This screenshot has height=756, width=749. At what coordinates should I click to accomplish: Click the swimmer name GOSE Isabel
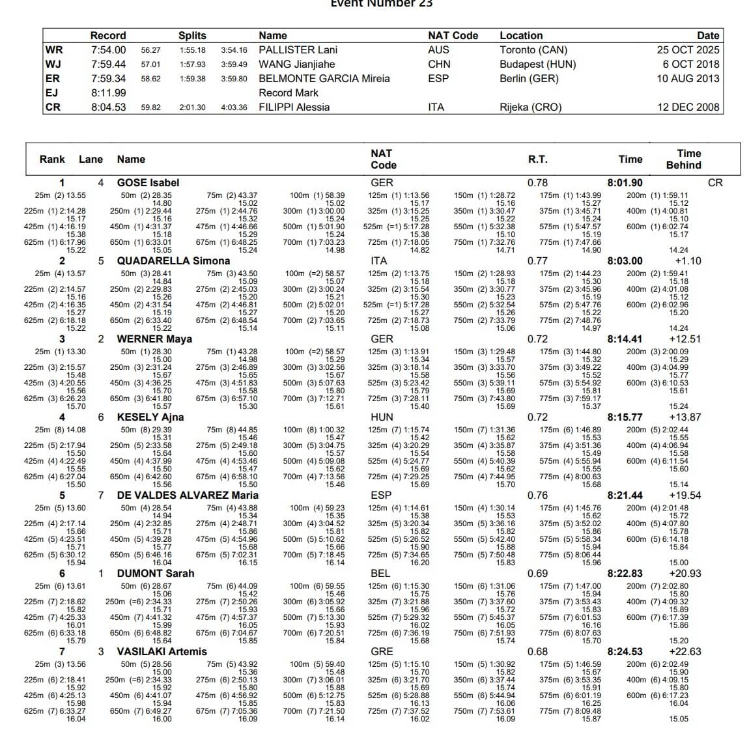[148, 183]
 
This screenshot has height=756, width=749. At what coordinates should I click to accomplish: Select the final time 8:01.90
[625, 183]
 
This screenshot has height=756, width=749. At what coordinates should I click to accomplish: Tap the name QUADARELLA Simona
[173, 261]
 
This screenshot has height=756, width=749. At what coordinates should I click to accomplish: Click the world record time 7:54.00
[108, 50]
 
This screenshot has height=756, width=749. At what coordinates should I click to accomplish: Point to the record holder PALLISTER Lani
[298, 50]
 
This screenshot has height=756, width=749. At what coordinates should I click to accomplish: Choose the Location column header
[521, 36]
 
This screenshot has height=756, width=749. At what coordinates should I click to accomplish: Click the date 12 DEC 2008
[688, 107]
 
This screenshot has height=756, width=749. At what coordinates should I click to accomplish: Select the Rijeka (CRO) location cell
[530, 107]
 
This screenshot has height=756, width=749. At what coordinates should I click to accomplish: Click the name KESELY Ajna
[150, 417]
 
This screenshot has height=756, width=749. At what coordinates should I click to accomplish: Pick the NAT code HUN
[382, 417]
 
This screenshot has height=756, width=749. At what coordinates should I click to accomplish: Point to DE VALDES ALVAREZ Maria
[188, 496]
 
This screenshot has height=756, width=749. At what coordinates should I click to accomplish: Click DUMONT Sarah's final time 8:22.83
[625, 574]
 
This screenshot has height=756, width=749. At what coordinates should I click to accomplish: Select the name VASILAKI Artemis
[162, 652]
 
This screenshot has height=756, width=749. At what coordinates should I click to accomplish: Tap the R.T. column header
[537, 159]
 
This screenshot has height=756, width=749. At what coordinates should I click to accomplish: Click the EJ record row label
[52, 93]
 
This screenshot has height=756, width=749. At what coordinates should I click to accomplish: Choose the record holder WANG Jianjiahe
[296, 64]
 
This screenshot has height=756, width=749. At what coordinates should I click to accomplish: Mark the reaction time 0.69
[537, 574]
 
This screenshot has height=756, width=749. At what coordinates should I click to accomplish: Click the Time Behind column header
[683, 159]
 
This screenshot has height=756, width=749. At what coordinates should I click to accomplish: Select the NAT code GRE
[382, 652]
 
